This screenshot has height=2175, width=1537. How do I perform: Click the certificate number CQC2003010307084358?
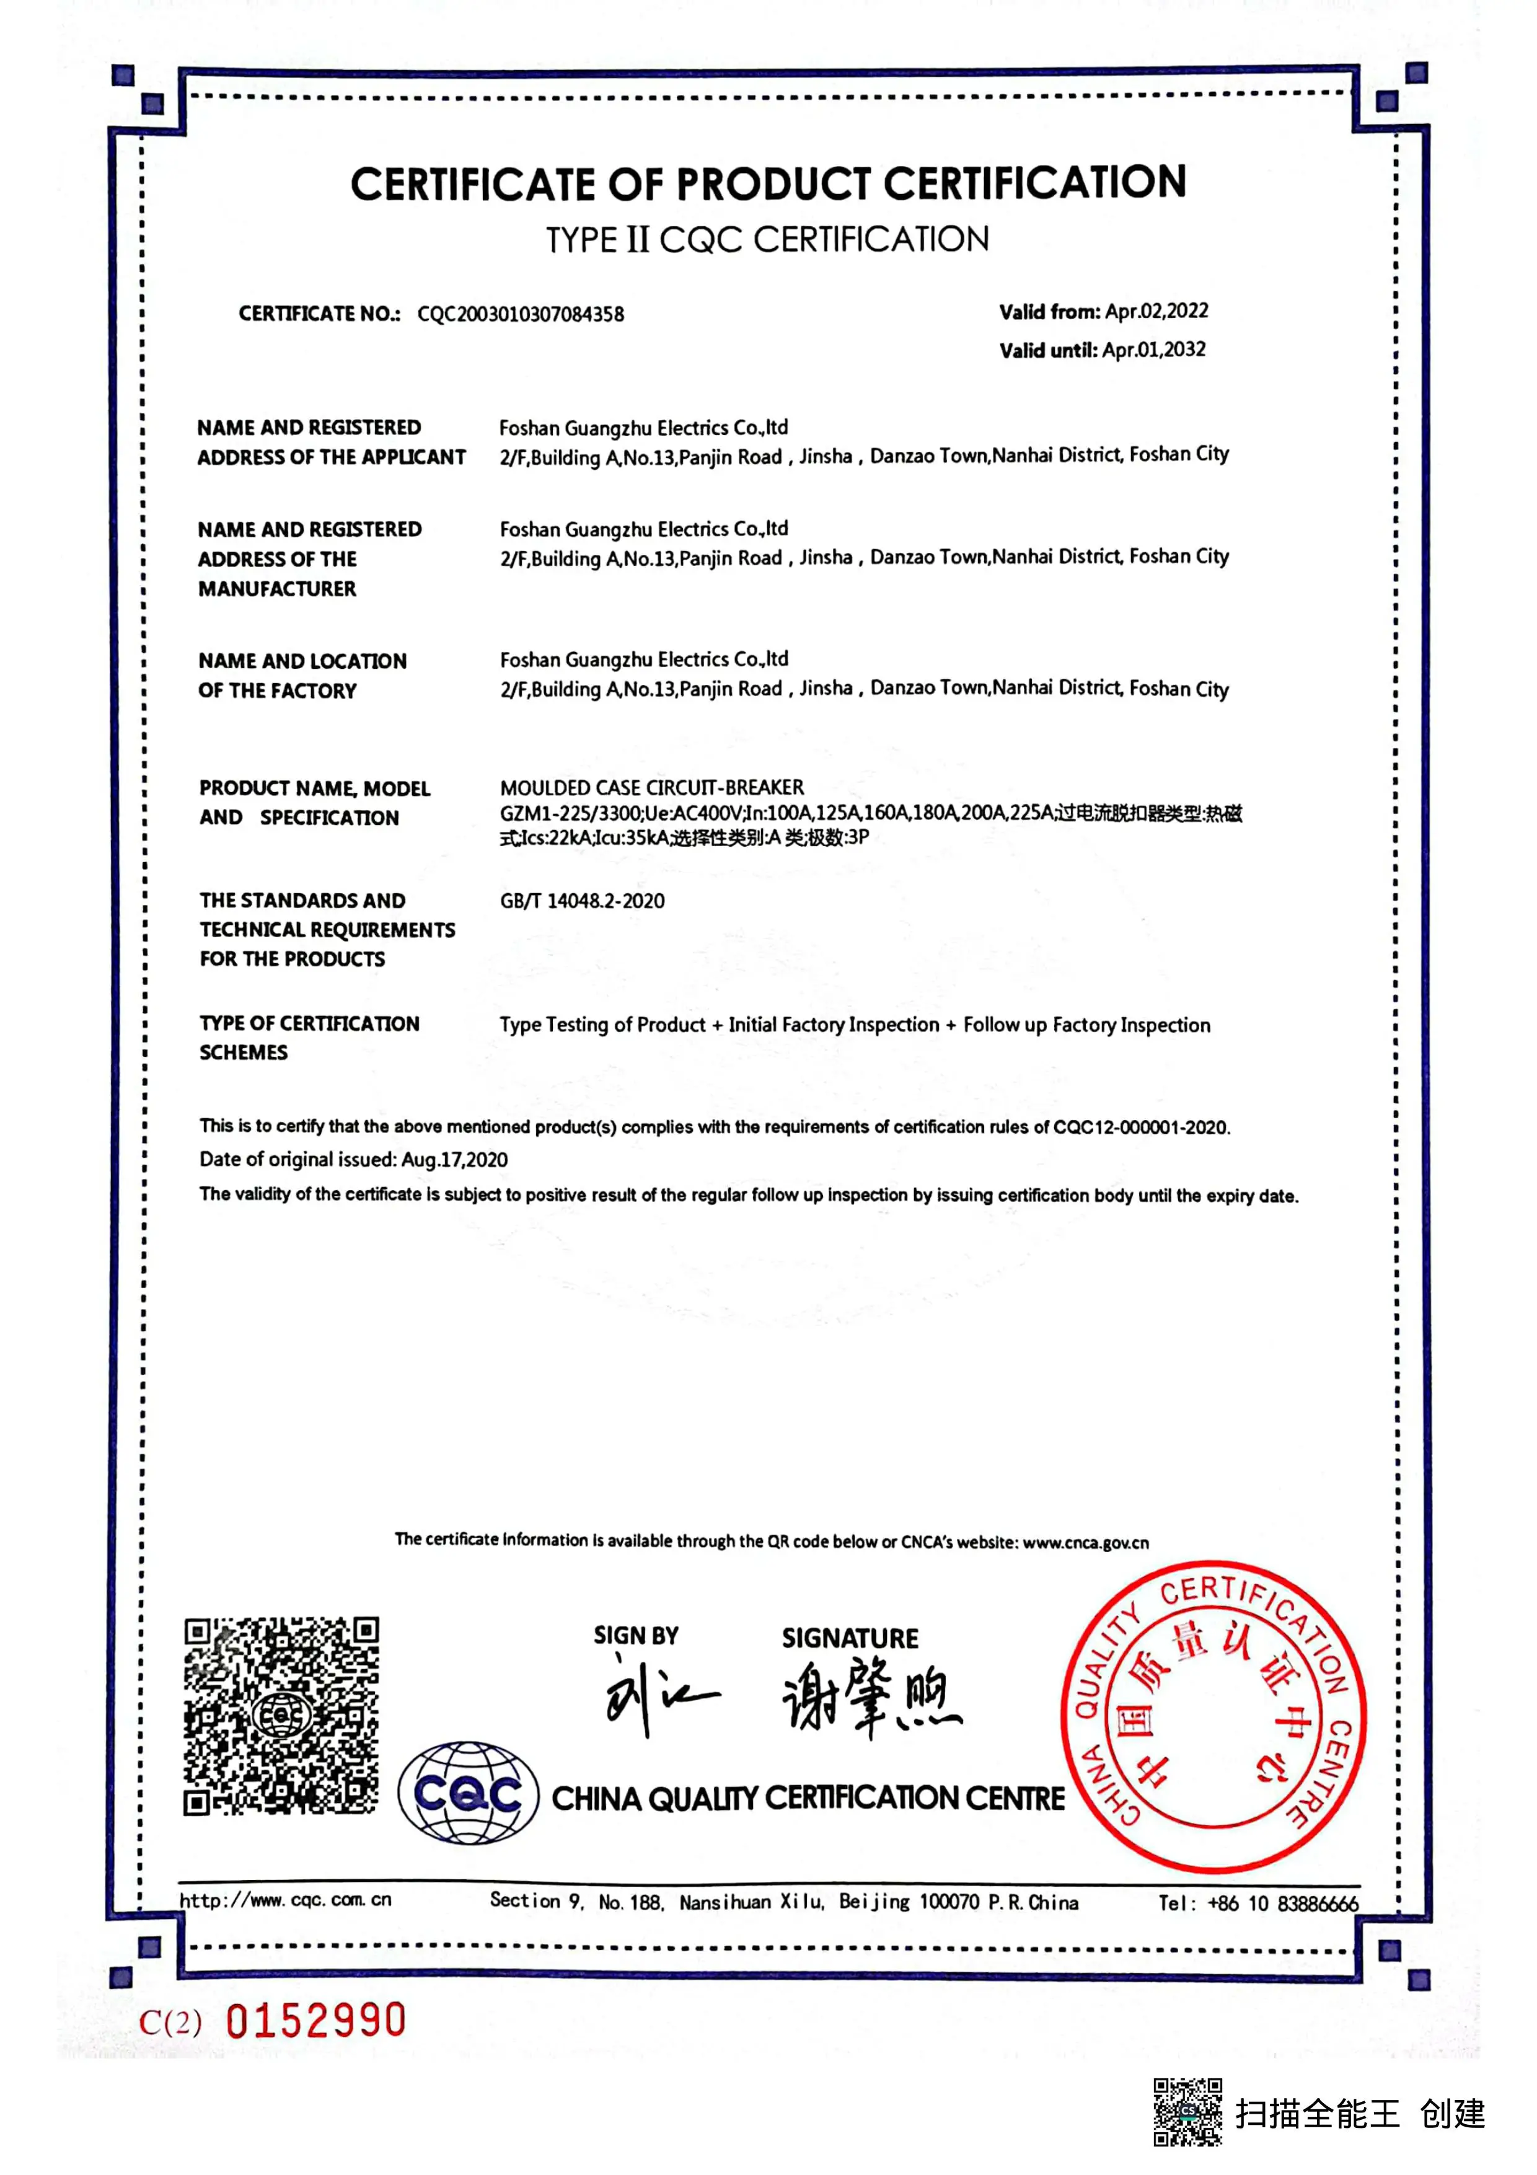point(520,314)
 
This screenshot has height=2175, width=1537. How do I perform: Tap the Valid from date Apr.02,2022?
point(1156,312)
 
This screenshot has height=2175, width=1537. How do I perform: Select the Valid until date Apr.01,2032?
point(1155,350)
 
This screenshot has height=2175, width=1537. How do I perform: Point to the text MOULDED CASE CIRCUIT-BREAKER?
point(651,787)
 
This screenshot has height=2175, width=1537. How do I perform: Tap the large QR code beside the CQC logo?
point(281,1716)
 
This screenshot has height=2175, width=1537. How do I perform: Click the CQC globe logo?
point(468,1793)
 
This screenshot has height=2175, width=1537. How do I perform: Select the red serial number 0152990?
point(315,2021)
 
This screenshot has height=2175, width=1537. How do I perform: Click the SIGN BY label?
point(635,1636)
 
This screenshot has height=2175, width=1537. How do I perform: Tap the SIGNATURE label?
point(850,1638)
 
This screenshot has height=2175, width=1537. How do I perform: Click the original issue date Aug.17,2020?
point(454,1160)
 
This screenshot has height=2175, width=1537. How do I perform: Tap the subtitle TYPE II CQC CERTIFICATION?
point(767,240)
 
